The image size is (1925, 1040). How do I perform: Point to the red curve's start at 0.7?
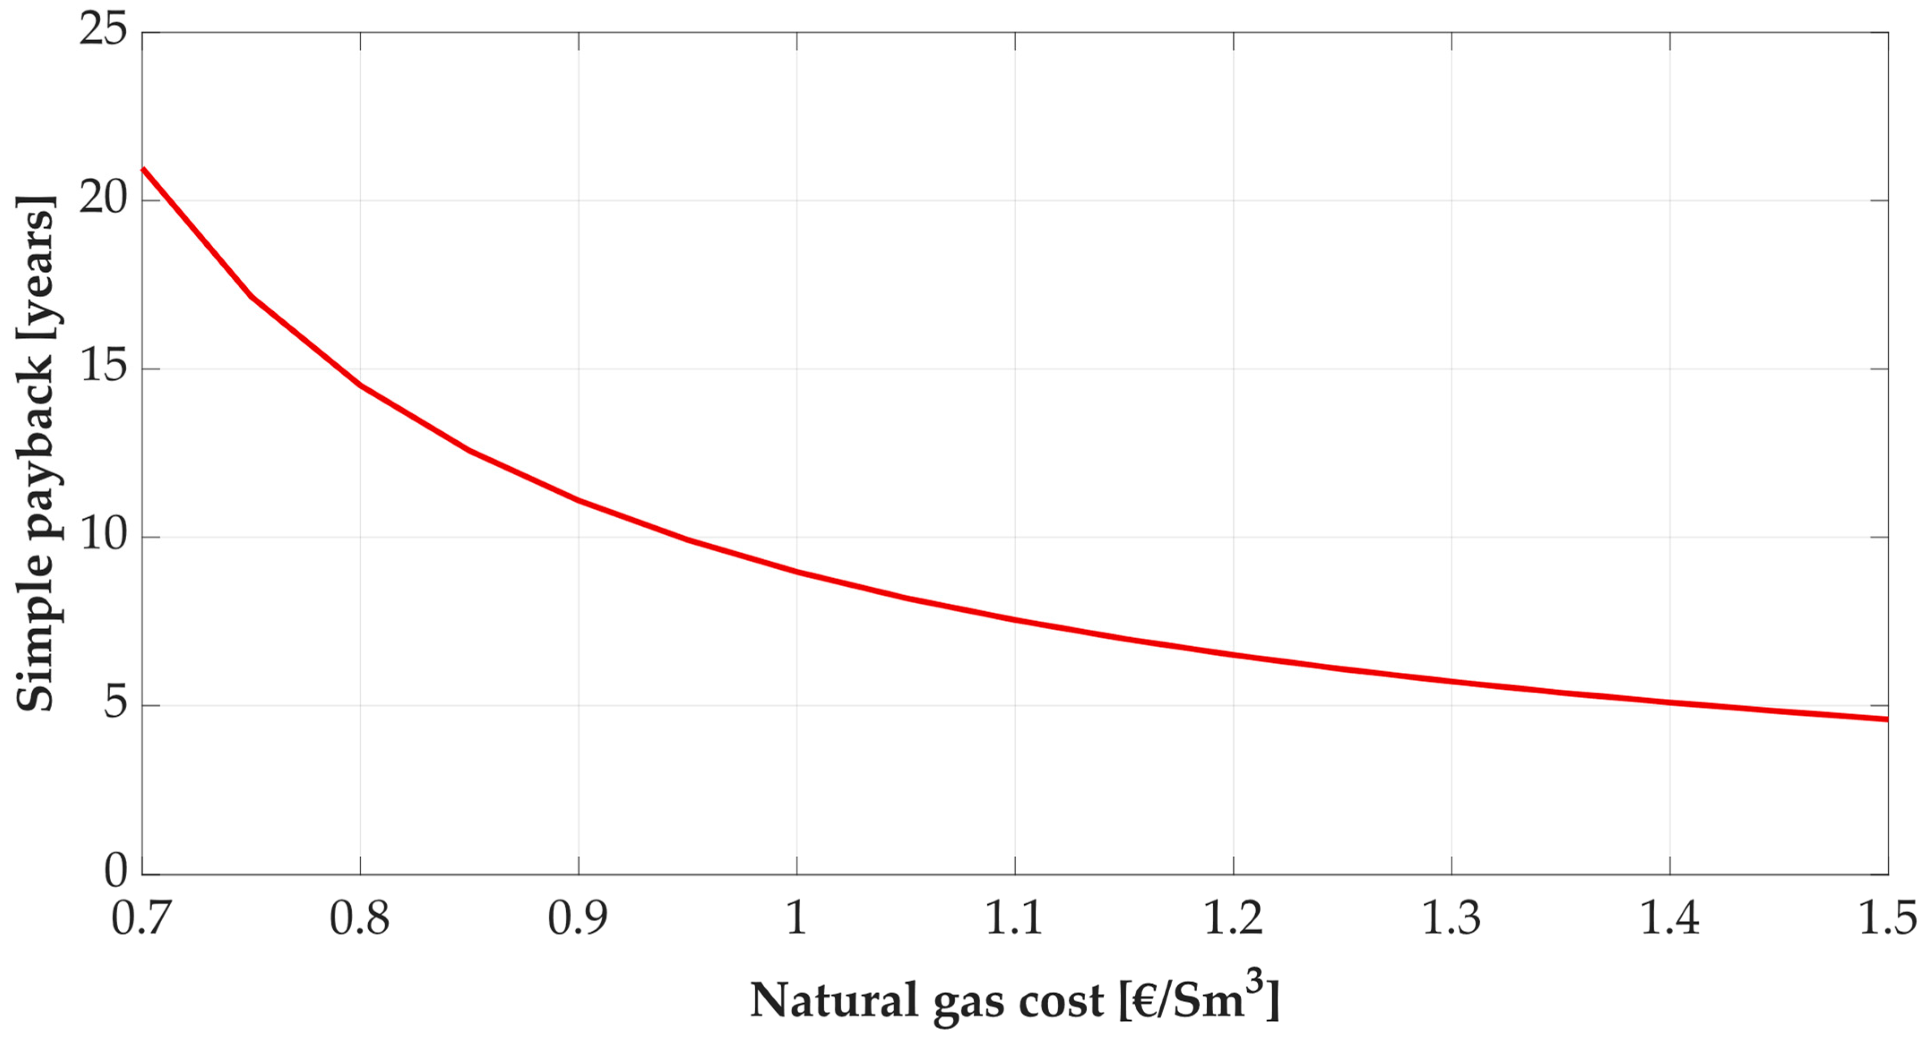point(143,169)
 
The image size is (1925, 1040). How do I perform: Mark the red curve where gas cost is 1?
point(797,572)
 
